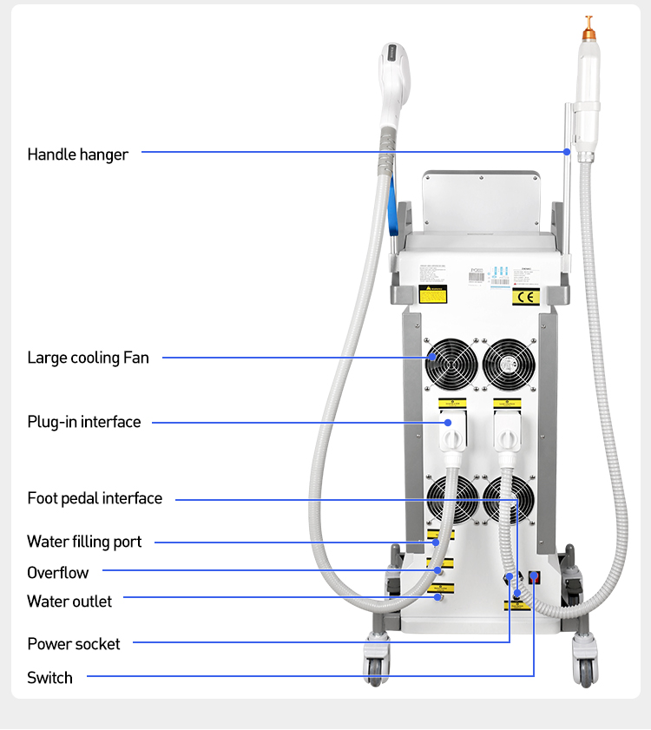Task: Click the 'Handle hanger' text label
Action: point(77,155)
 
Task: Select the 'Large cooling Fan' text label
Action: point(88,358)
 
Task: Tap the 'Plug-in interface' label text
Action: point(83,422)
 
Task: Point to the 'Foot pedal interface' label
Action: point(95,498)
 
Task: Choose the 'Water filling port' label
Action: point(84,542)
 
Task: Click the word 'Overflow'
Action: point(57,572)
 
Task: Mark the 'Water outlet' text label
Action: point(69,601)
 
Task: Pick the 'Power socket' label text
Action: point(74,644)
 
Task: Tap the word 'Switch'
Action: point(49,678)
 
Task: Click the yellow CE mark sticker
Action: point(526,297)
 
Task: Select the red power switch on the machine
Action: point(534,576)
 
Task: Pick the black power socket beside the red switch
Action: point(510,577)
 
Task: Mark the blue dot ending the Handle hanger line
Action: point(567,151)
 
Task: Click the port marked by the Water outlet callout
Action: point(438,597)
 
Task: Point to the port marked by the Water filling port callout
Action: point(438,543)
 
